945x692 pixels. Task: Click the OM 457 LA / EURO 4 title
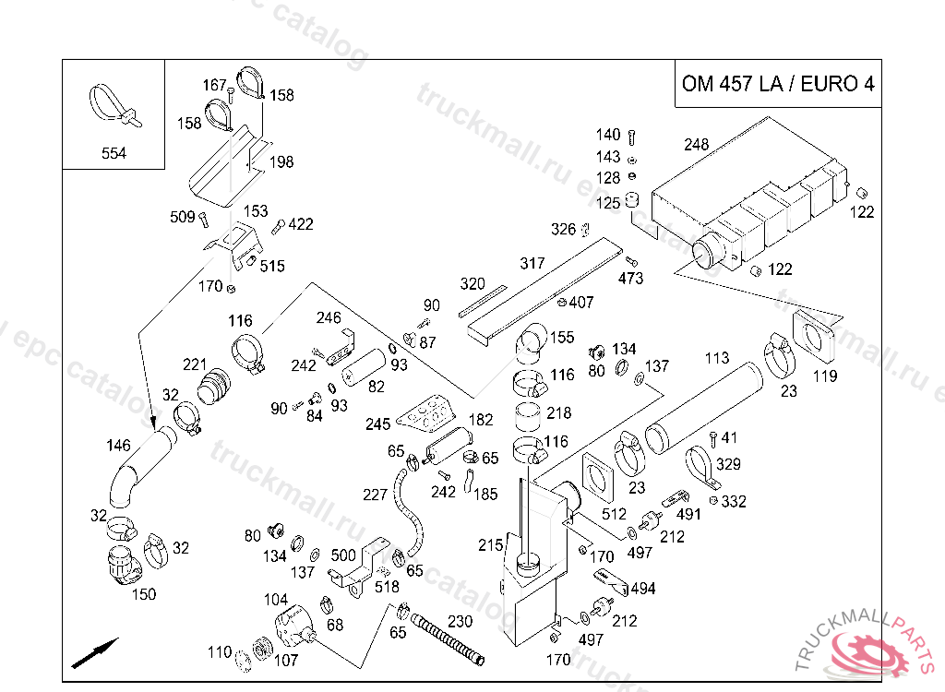(777, 84)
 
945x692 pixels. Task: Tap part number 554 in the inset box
(114, 153)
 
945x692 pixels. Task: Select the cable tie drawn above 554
(113, 104)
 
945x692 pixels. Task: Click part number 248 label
(697, 145)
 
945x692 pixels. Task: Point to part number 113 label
(717, 358)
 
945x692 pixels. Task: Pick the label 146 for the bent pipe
(118, 446)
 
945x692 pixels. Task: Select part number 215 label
(490, 545)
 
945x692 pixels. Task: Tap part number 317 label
(532, 264)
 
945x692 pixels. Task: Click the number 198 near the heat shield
(281, 162)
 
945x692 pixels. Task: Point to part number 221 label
(195, 365)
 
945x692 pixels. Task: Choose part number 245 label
(378, 424)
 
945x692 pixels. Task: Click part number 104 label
(276, 600)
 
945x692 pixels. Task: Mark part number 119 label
(824, 376)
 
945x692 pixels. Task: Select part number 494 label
(643, 589)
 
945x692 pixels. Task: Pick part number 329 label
(729, 464)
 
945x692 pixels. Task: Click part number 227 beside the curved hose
(375, 495)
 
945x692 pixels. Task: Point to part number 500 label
(343, 555)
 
